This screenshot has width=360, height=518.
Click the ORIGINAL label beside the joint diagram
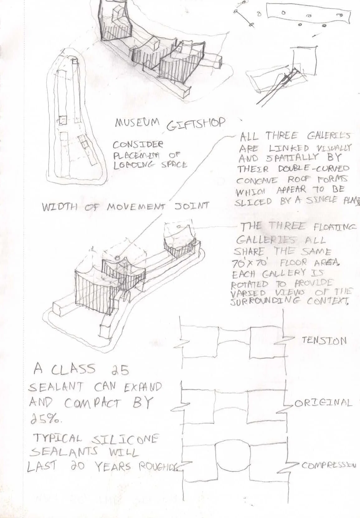(x=323, y=403)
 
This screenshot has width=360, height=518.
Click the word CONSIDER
(x=138, y=145)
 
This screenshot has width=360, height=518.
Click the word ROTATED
(x=249, y=284)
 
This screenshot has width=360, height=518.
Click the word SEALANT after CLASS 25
(x=56, y=387)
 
